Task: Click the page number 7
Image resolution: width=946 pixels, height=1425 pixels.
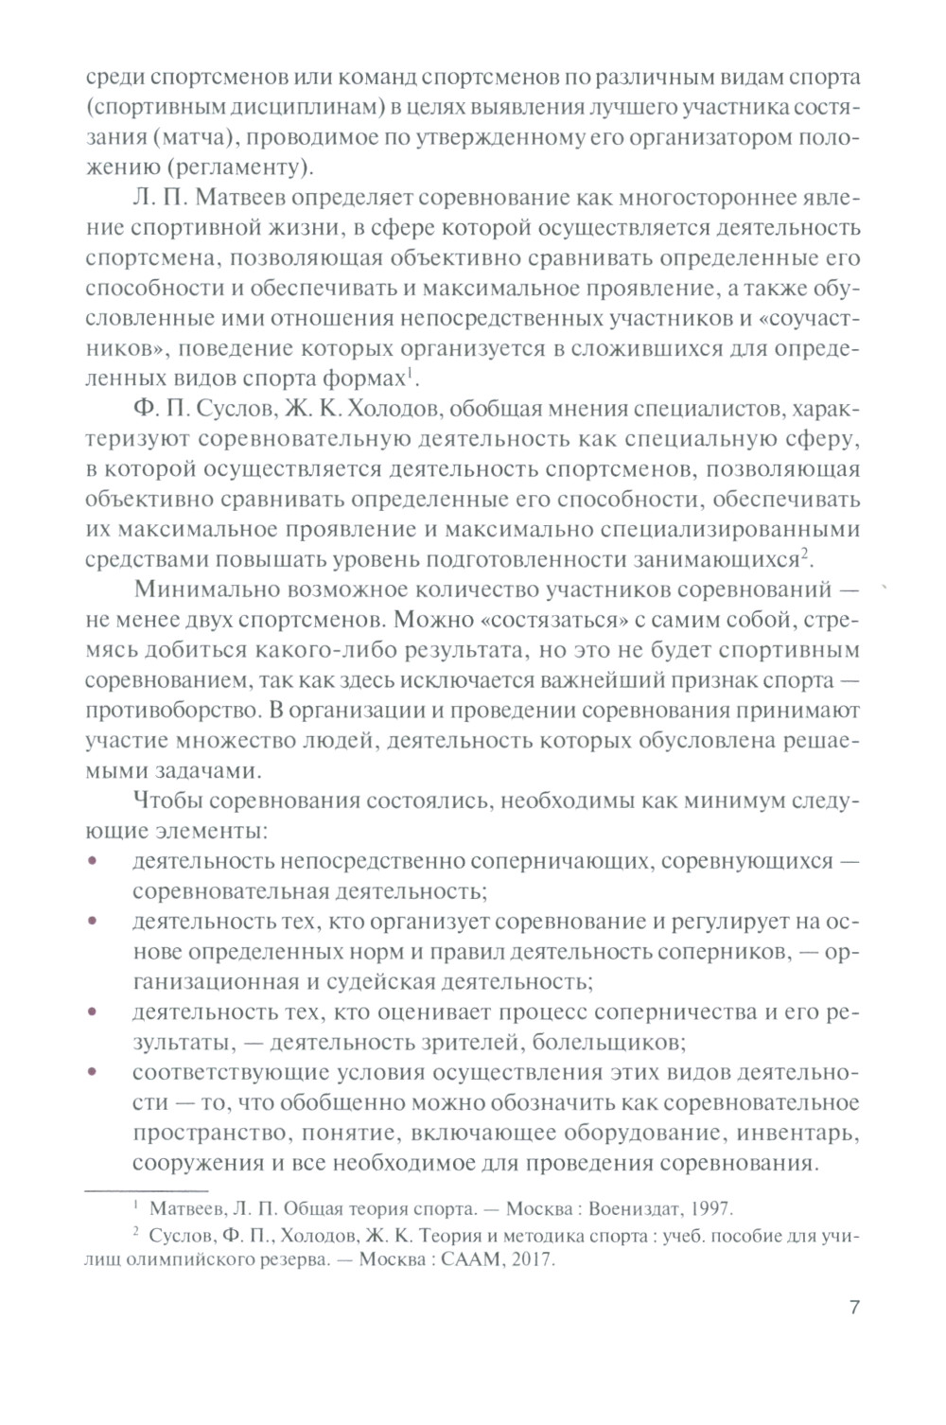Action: [x=854, y=1309]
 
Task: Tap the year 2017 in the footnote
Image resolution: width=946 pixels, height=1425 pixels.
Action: [x=531, y=1261]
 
